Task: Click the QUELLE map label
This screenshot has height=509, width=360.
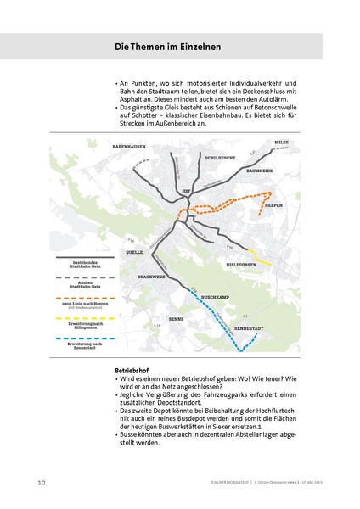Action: click(134, 253)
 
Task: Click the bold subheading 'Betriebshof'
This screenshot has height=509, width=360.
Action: click(132, 371)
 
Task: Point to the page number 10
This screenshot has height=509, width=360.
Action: click(41, 483)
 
